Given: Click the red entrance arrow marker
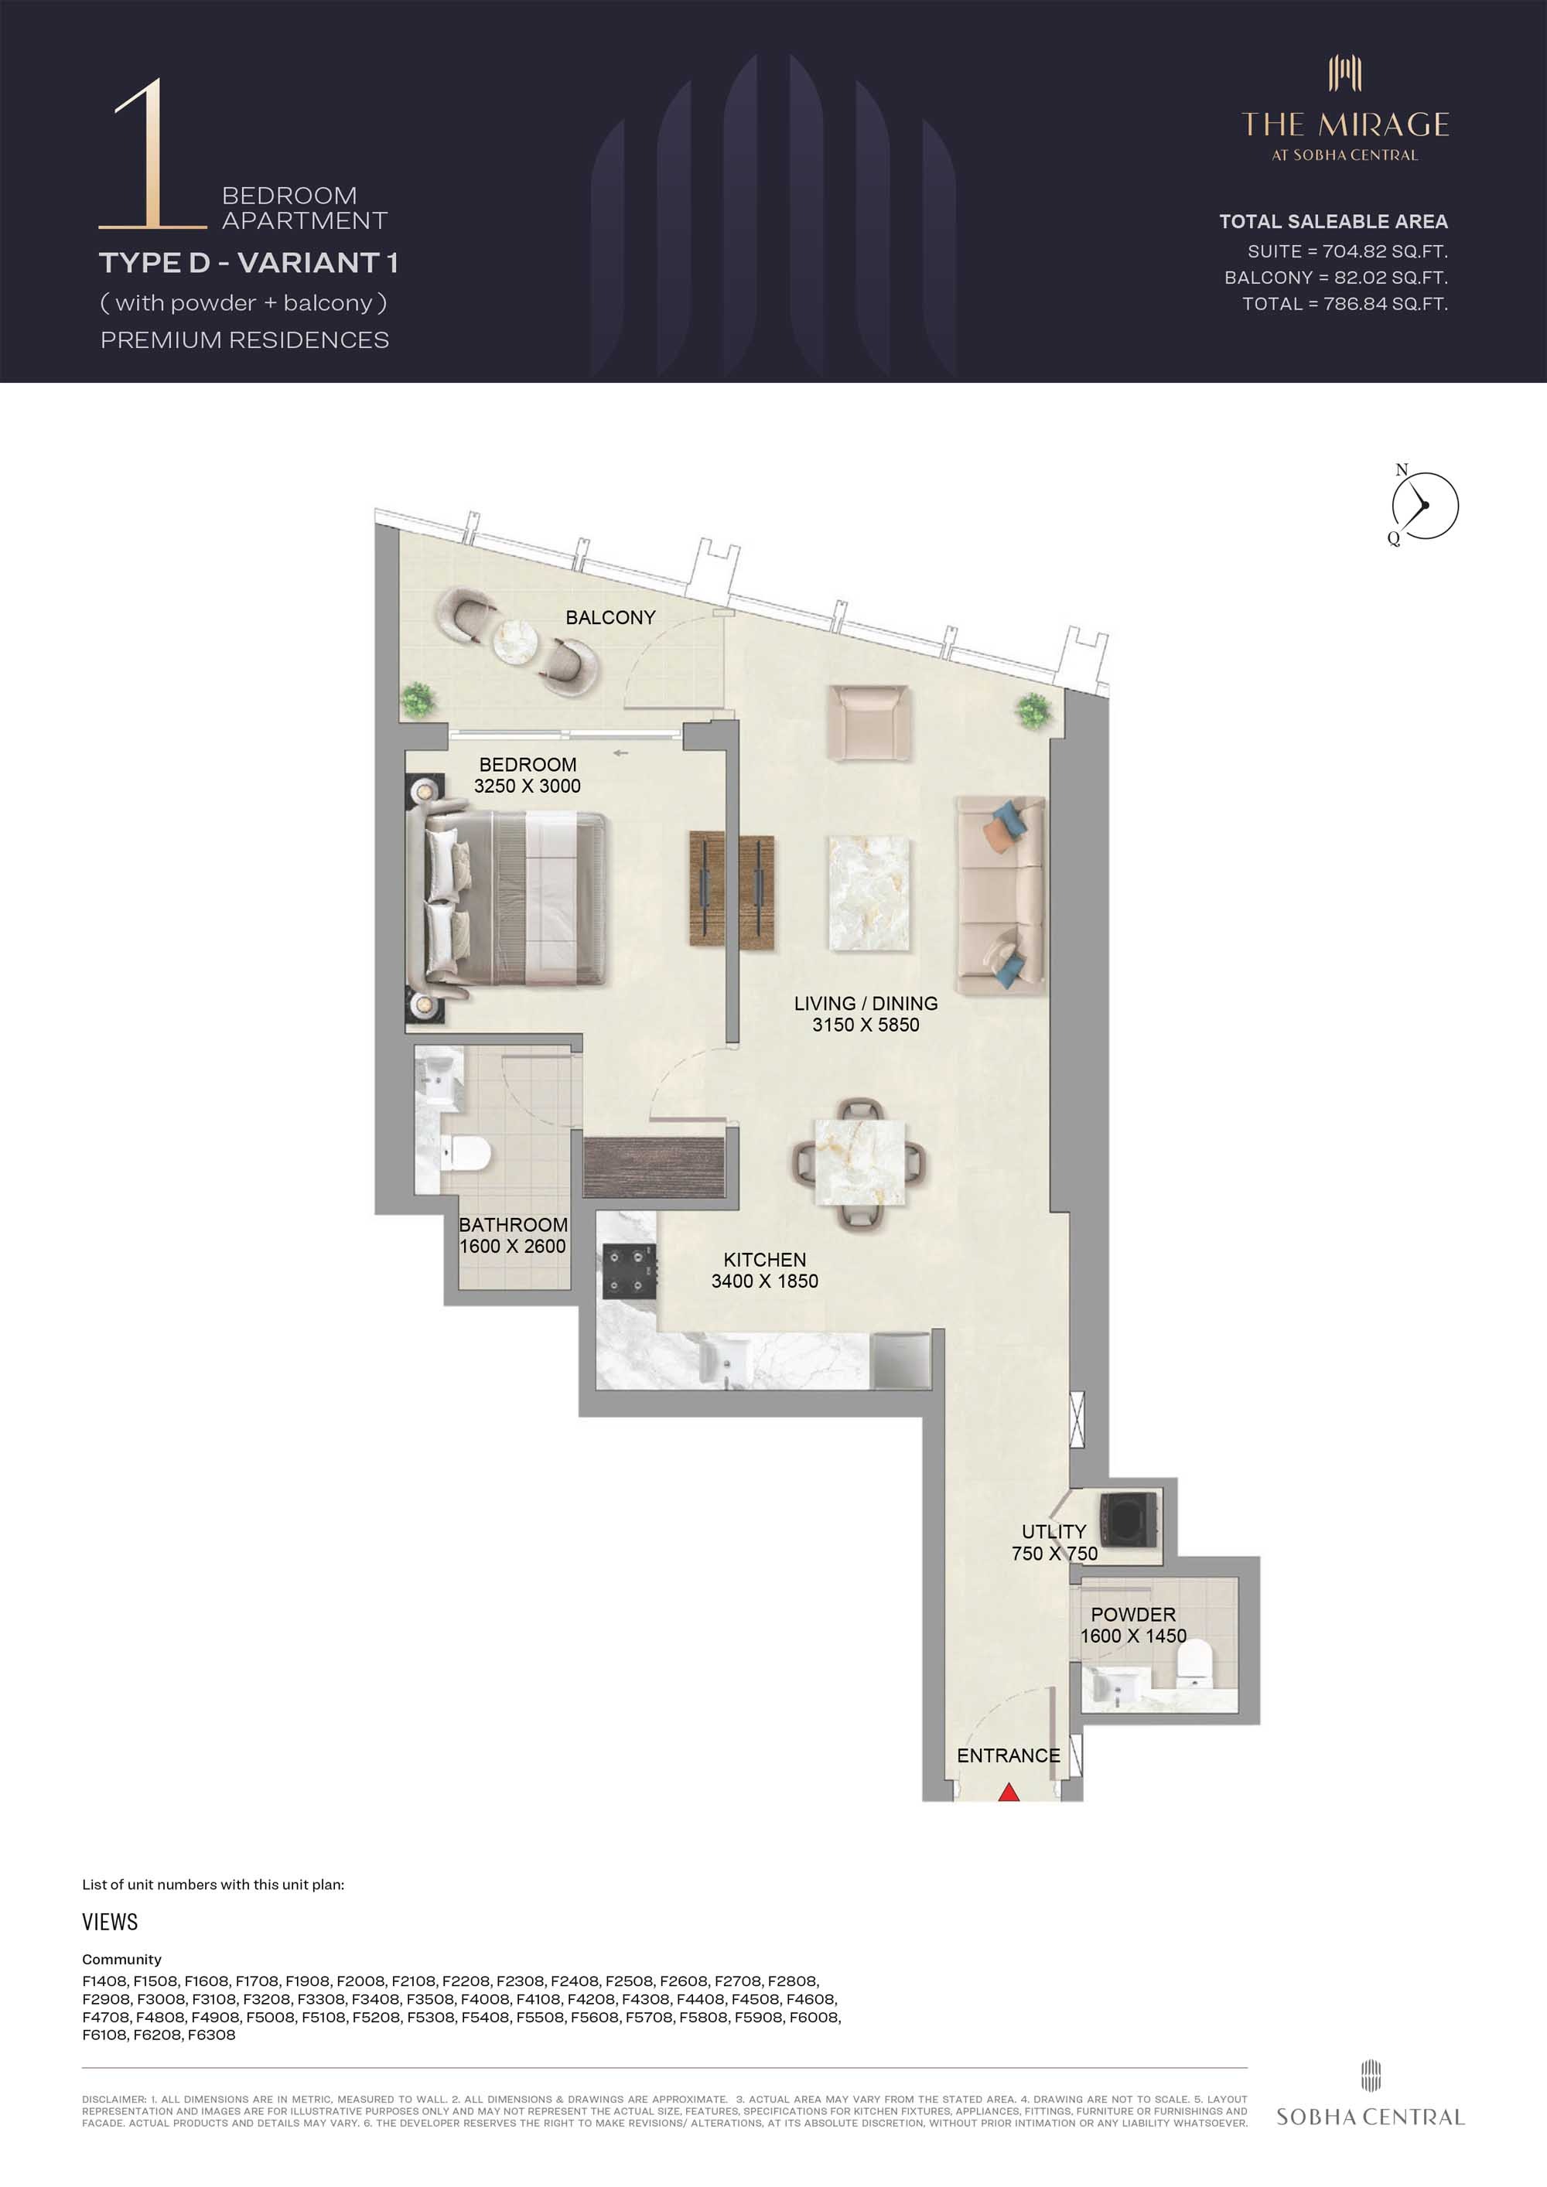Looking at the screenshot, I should (x=1009, y=1793).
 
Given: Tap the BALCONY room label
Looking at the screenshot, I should (x=610, y=617).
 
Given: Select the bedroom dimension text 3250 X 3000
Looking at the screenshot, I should (x=527, y=786).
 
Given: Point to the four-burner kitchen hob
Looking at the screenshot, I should (x=630, y=1271).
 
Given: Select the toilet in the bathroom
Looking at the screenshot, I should (x=466, y=1155).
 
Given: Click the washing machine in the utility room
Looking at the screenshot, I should (x=1129, y=1518).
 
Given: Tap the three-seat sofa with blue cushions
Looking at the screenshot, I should (x=1001, y=896).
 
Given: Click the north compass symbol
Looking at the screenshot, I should (x=1423, y=506).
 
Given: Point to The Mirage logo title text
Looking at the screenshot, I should (x=1345, y=125).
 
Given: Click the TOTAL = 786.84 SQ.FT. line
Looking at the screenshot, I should (x=1344, y=304).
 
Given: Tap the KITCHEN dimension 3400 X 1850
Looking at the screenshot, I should (x=764, y=1281).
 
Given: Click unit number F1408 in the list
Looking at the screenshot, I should (x=104, y=1981).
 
